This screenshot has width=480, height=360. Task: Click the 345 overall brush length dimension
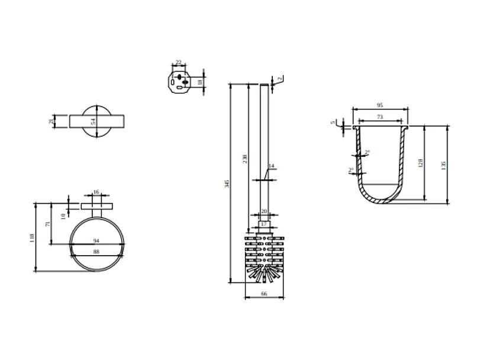(227, 184)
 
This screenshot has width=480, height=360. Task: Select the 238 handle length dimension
(244, 158)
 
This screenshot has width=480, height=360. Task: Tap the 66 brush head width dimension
(264, 293)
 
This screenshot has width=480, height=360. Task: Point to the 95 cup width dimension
(379, 105)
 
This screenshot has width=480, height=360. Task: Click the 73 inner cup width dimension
(379, 117)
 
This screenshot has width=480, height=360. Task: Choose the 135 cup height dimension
(443, 164)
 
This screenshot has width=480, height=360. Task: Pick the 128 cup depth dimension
(421, 163)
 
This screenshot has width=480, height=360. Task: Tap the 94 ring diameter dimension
(97, 241)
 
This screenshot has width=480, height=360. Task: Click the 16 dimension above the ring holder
(97, 192)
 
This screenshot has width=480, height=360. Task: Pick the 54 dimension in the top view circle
(93, 121)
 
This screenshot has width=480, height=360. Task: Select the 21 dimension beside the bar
(51, 121)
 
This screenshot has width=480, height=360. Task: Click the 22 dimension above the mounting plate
(178, 62)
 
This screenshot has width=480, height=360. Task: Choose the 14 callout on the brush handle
(272, 166)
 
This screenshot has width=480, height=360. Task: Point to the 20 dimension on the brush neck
(264, 211)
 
